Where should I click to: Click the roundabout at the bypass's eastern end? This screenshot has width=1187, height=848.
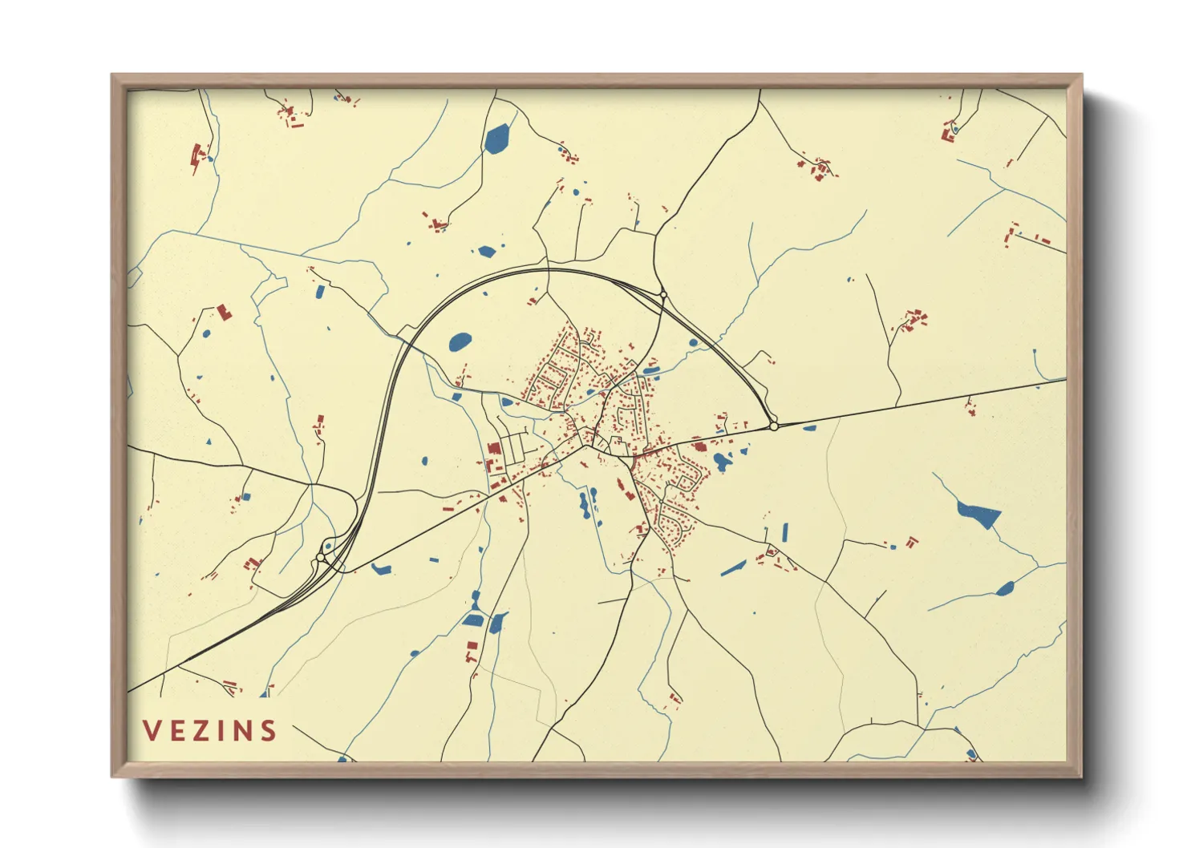[774, 426]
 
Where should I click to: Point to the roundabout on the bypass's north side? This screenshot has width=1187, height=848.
[663, 296]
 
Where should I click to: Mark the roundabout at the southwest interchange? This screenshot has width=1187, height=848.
[321, 557]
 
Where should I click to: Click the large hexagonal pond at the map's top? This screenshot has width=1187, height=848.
[497, 139]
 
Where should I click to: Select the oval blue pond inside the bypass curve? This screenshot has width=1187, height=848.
[460, 342]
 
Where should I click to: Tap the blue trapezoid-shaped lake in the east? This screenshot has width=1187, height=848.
[979, 515]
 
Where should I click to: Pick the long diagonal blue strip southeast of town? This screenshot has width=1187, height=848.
[733, 568]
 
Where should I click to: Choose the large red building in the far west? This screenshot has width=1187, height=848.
[224, 312]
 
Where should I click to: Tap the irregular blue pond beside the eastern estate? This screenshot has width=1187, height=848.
[723, 461]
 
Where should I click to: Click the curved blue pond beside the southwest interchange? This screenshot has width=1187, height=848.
[381, 569]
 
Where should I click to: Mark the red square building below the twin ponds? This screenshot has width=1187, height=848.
[472, 645]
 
